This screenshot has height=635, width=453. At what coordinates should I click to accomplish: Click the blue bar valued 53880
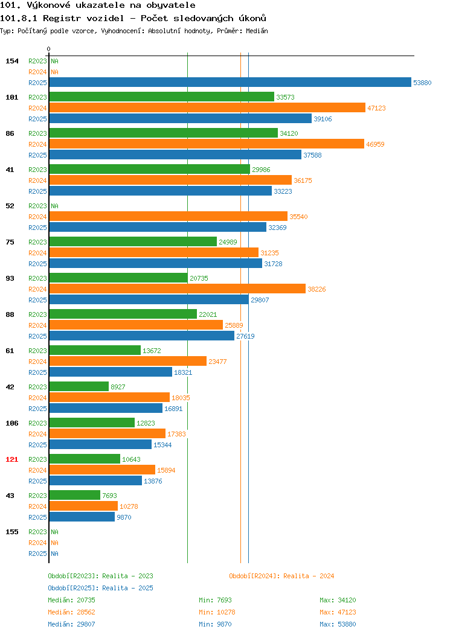230,82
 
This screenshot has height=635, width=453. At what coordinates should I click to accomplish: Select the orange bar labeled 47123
207,107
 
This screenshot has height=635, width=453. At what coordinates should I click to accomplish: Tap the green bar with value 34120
164,133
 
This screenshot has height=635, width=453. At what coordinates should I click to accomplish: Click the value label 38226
316,289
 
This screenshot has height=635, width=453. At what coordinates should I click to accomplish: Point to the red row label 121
11,459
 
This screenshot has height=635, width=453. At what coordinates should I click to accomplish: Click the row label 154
11,61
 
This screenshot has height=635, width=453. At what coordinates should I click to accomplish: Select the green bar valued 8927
79,386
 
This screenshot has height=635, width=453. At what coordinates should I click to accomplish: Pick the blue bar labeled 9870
82,517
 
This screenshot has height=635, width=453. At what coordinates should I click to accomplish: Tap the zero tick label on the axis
49,49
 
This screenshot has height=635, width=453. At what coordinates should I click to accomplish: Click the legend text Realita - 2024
309,576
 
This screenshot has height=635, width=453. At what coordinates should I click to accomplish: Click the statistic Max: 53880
338,624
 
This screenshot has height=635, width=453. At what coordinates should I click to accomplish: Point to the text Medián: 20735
71,600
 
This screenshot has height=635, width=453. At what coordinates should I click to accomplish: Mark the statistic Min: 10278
217,612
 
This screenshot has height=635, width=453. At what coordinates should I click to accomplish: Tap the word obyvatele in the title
170,5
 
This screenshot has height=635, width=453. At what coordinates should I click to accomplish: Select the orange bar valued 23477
128,361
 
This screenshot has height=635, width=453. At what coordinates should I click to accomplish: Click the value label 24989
228,242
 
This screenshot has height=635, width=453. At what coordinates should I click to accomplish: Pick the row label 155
11,532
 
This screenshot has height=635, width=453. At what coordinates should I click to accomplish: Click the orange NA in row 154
55,72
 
